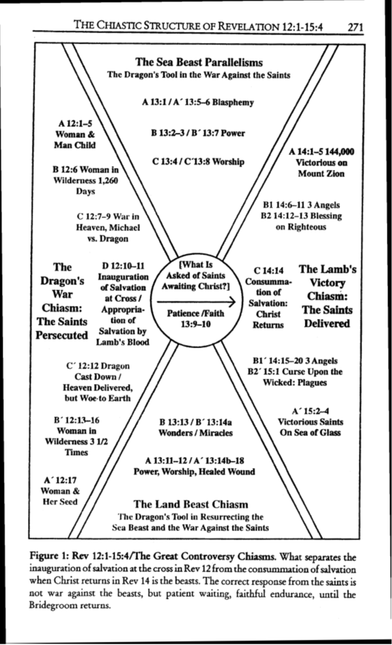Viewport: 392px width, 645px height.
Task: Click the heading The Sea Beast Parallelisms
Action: point(199,62)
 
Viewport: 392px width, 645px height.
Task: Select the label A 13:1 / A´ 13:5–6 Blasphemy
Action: point(197,102)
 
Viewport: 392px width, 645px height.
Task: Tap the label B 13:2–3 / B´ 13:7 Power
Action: point(197,133)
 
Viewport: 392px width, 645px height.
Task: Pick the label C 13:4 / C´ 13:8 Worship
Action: point(197,161)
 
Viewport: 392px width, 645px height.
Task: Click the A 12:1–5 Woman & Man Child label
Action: point(75,133)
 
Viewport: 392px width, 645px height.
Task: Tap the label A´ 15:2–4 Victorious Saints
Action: point(309,422)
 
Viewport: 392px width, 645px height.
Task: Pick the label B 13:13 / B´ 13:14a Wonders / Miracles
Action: point(196,427)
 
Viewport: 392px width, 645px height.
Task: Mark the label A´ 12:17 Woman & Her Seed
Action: point(59,491)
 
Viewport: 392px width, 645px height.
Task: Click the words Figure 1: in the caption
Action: point(49,556)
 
